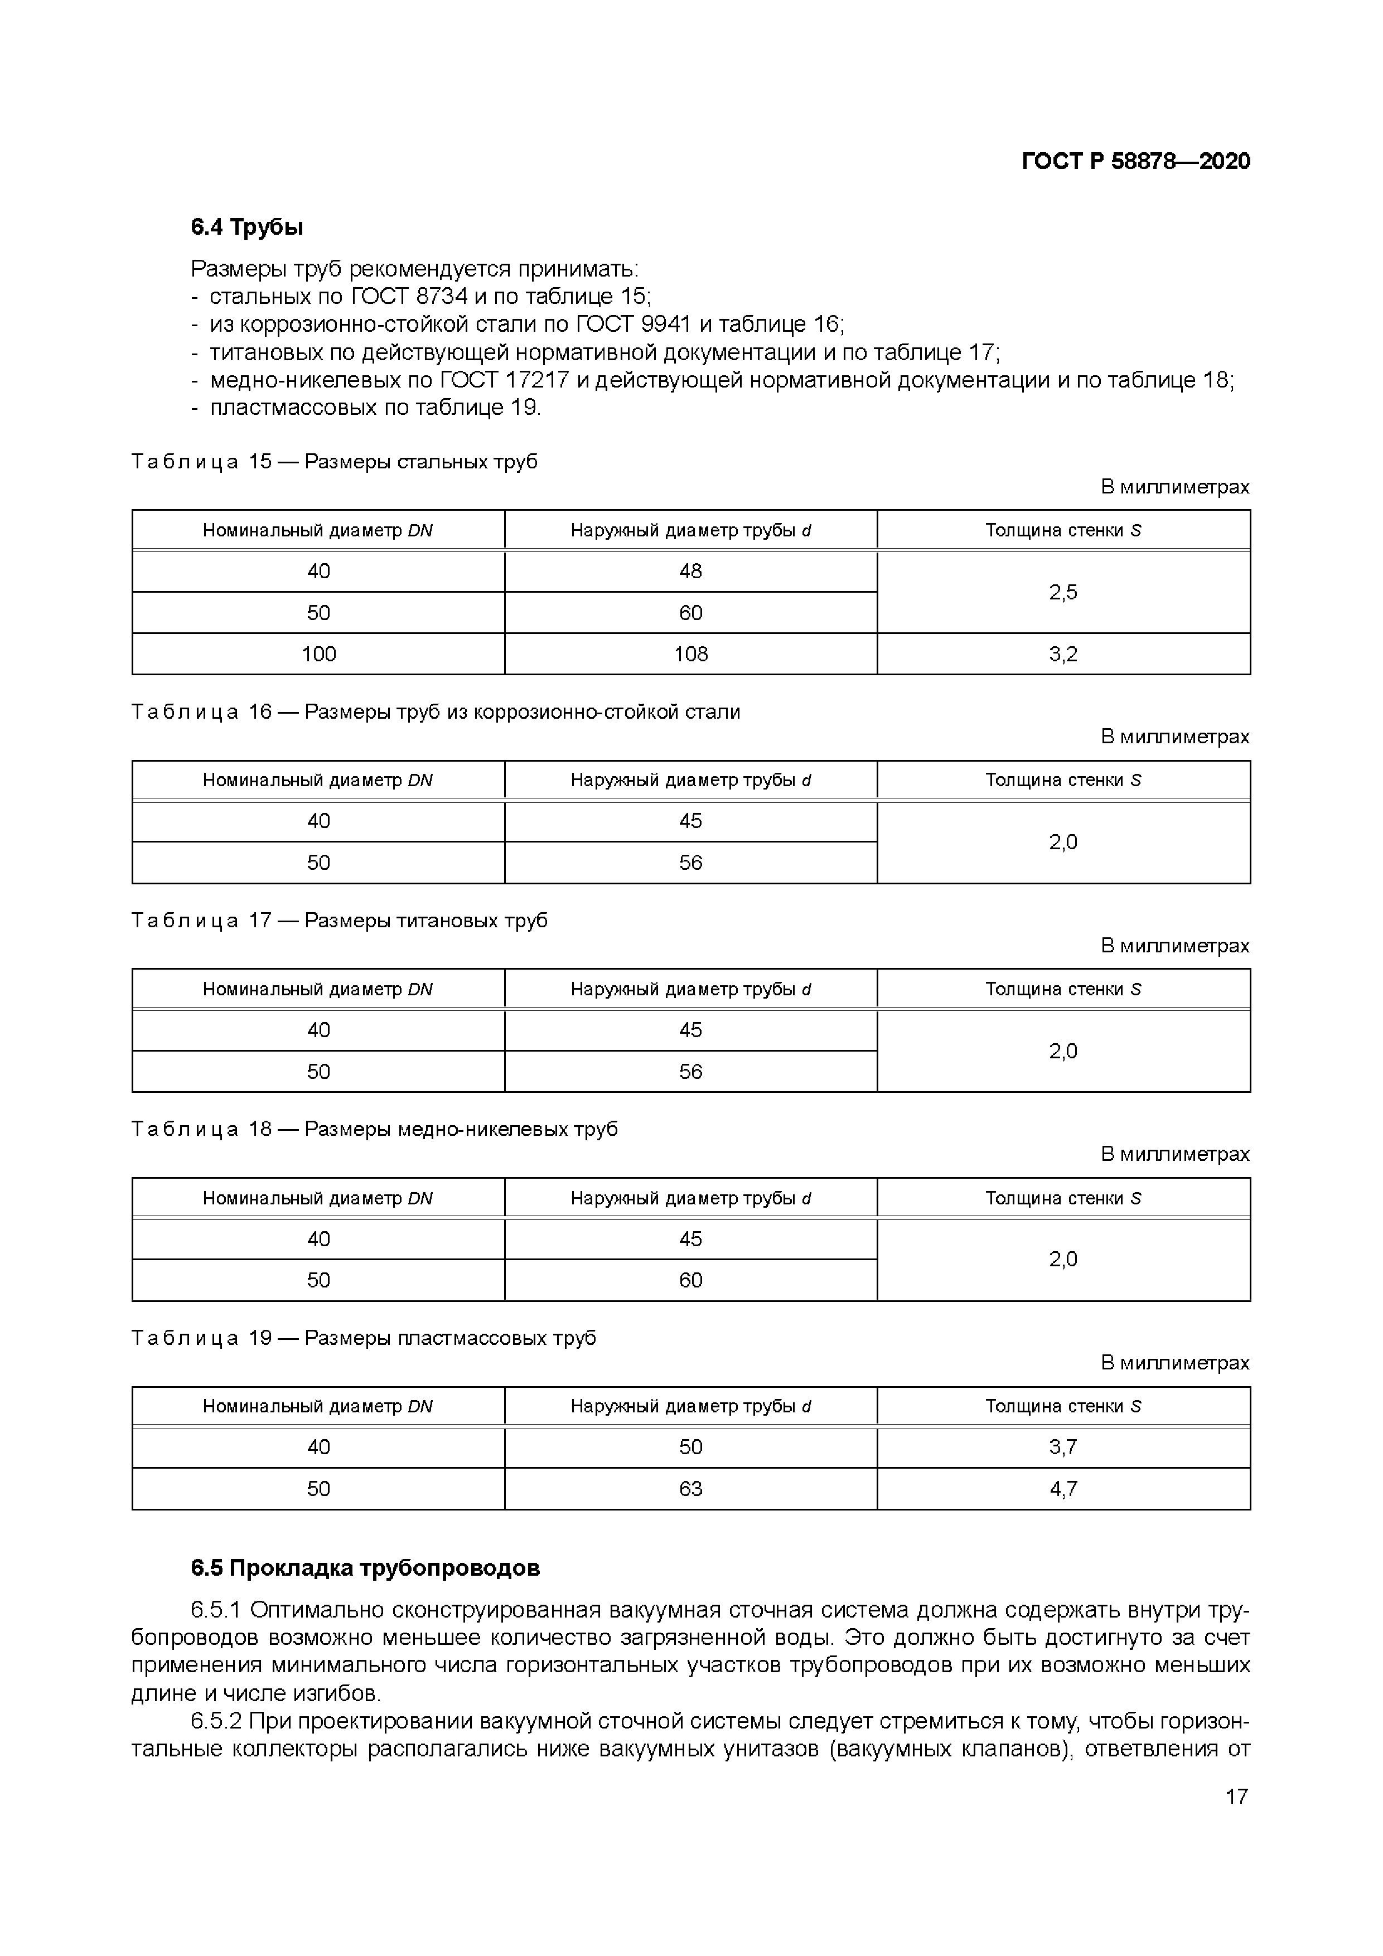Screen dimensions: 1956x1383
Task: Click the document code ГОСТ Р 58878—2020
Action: (x=1135, y=161)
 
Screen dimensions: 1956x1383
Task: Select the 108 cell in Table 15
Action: (x=690, y=653)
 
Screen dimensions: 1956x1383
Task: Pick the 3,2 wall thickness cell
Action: (x=1062, y=653)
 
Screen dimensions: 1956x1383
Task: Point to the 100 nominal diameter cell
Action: (x=318, y=653)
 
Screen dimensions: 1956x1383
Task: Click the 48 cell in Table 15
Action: (x=690, y=571)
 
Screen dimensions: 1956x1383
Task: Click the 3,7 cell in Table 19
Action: (x=1062, y=1446)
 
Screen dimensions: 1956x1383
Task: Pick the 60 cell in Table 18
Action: (x=690, y=1280)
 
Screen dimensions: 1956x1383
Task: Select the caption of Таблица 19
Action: (x=364, y=1338)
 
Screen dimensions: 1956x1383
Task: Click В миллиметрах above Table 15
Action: (x=1174, y=486)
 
